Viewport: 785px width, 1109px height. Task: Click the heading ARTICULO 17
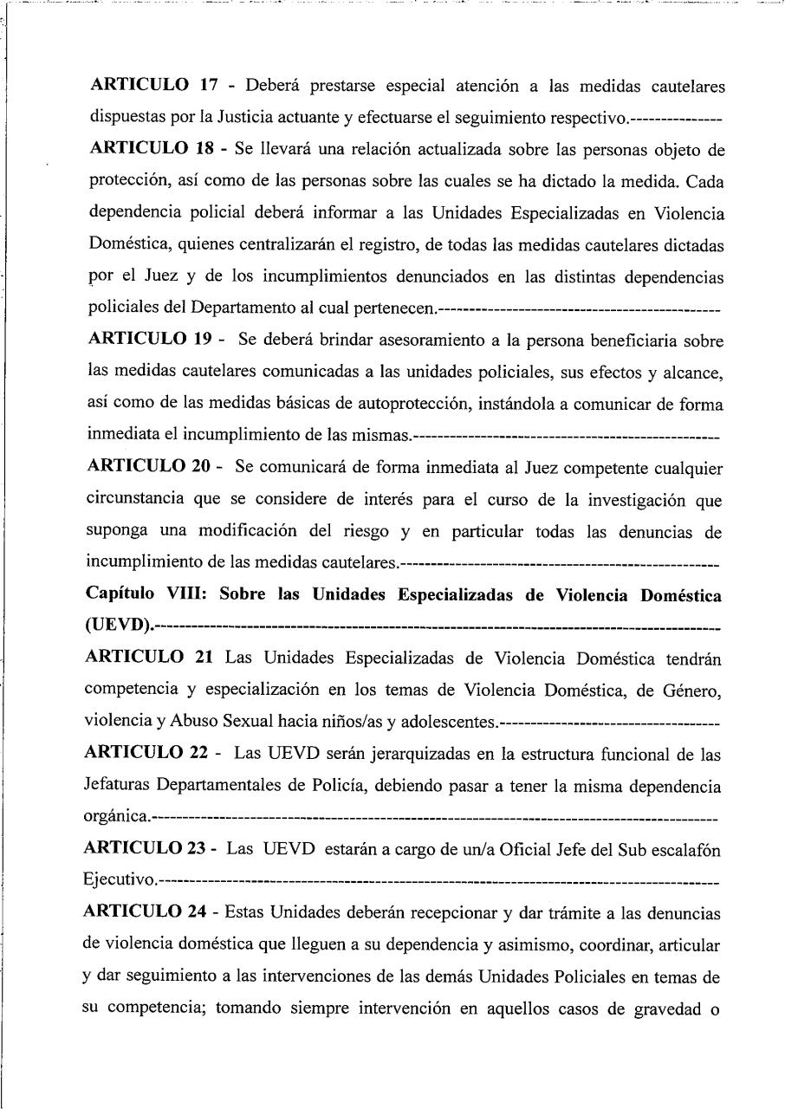(152, 87)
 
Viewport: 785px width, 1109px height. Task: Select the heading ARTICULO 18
(152, 150)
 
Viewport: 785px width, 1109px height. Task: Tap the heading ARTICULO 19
(152, 341)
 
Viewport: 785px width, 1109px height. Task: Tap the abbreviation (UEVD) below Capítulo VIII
(120, 625)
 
